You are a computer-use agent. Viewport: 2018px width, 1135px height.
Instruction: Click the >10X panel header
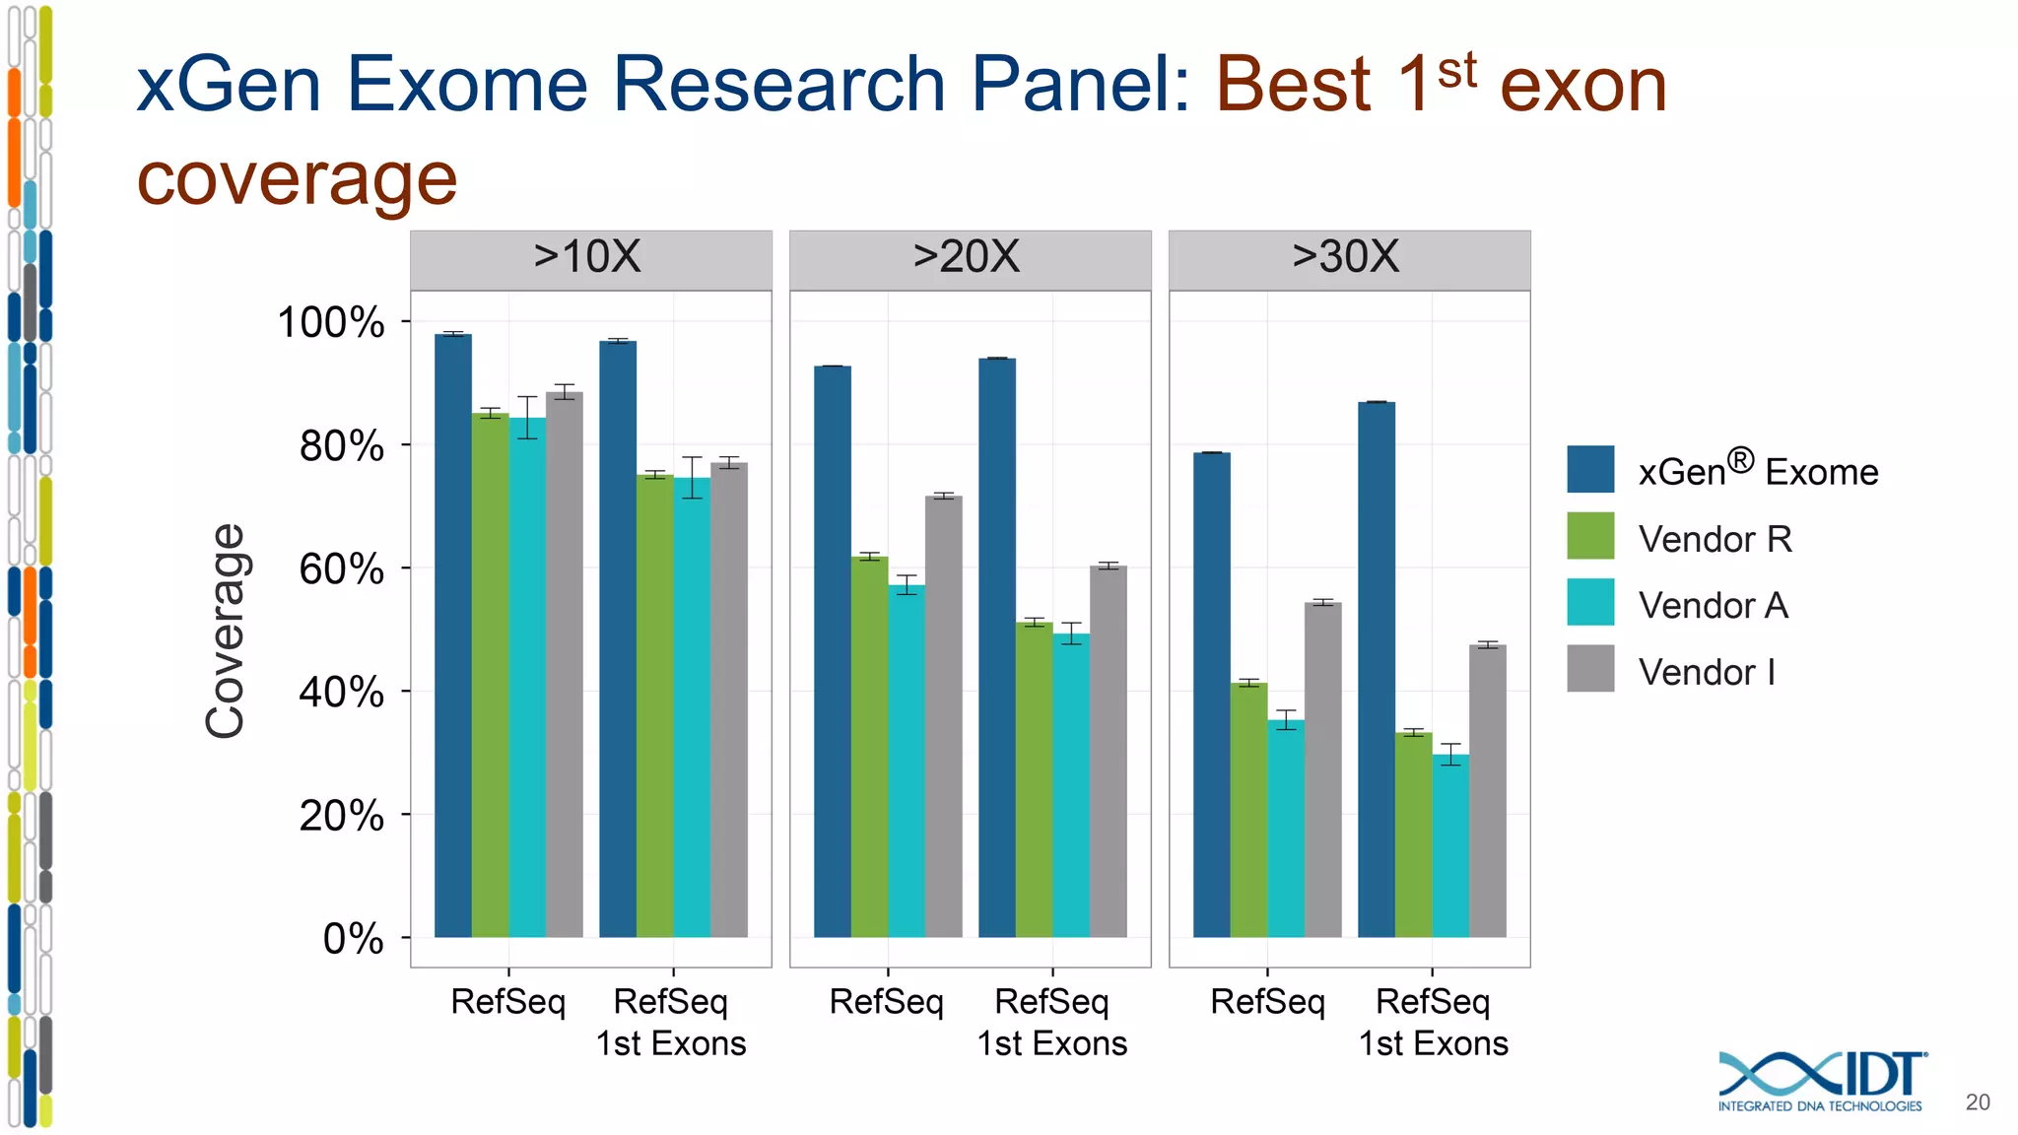click(x=589, y=258)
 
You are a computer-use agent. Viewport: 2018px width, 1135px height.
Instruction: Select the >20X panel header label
click(x=967, y=258)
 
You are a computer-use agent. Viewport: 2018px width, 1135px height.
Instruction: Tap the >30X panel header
click(x=1347, y=258)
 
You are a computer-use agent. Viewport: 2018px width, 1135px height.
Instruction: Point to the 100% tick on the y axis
click(x=331, y=323)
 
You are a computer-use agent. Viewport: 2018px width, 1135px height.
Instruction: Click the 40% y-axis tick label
click(x=341, y=693)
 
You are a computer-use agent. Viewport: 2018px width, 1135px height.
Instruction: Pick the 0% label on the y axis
click(x=353, y=939)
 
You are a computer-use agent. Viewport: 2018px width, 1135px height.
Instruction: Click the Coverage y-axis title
click(x=226, y=631)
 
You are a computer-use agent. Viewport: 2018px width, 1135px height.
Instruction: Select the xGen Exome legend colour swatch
click(x=1589, y=469)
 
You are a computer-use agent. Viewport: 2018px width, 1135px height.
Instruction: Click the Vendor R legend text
click(x=1715, y=539)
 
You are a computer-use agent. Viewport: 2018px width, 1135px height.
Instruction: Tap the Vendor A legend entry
click(x=1713, y=605)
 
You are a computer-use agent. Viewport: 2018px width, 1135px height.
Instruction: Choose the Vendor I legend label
click(x=1707, y=672)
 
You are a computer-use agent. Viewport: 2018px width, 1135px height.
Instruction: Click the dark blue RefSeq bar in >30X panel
click(x=1211, y=695)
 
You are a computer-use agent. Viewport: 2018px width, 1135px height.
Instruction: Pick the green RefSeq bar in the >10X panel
click(x=490, y=675)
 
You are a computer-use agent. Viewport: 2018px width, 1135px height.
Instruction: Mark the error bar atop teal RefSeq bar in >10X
click(x=527, y=417)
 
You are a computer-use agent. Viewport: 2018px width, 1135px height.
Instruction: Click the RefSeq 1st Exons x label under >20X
click(x=1051, y=1023)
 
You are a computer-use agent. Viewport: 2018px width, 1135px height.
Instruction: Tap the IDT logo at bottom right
click(x=1822, y=1082)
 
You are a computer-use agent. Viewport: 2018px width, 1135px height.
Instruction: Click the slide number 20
click(x=1977, y=1102)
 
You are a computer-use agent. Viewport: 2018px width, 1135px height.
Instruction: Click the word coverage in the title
click(x=297, y=179)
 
